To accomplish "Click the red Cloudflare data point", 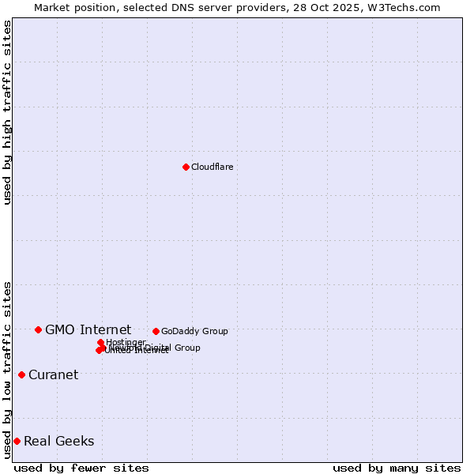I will (x=186, y=167).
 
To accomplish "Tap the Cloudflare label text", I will (x=213, y=167).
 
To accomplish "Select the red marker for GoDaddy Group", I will (x=156, y=331).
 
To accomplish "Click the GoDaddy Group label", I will (x=194, y=331).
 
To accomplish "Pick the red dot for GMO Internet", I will (x=38, y=329).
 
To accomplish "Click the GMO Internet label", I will (x=88, y=329).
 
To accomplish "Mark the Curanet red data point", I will (x=21, y=374).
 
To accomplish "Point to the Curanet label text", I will (x=53, y=374).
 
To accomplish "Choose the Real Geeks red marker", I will (x=17, y=441).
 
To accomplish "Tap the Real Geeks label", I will (x=58, y=441).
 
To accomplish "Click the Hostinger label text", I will (x=126, y=342).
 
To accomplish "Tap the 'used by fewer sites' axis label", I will (x=81, y=468).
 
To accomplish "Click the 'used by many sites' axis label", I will (x=397, y=468).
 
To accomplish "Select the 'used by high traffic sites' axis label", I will (x=7, y=112).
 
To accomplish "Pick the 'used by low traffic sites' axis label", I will (x=7, y=369).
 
